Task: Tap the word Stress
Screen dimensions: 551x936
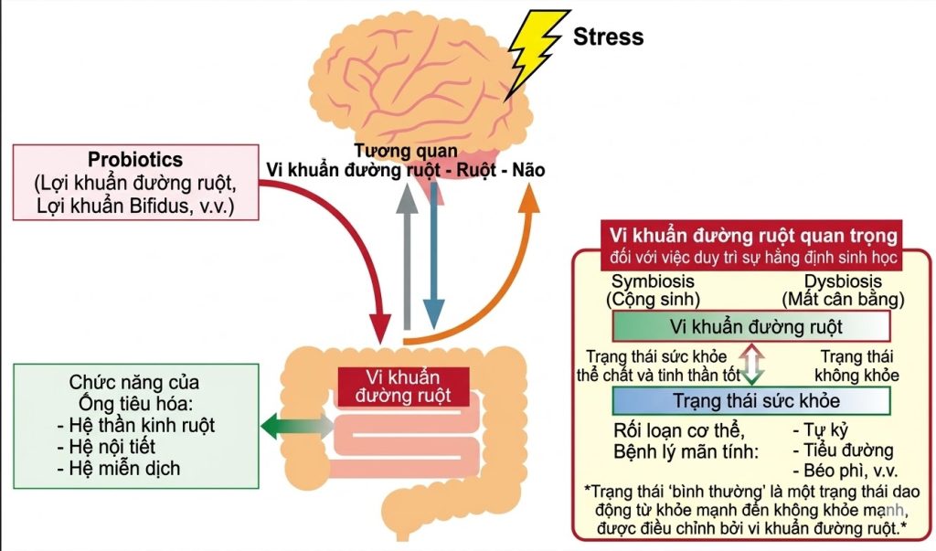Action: point(608,37)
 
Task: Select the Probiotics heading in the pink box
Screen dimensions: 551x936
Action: point(135,160)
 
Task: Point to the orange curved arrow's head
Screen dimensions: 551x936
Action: point(530,203)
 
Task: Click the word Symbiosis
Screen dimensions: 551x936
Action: point(653,281)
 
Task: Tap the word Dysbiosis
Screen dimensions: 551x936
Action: point(843,281)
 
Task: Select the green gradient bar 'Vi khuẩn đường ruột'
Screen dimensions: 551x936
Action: point(750,326)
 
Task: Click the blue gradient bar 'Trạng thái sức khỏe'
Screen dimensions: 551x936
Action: point(750,400)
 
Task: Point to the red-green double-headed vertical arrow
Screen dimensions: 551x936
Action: point(751,363)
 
